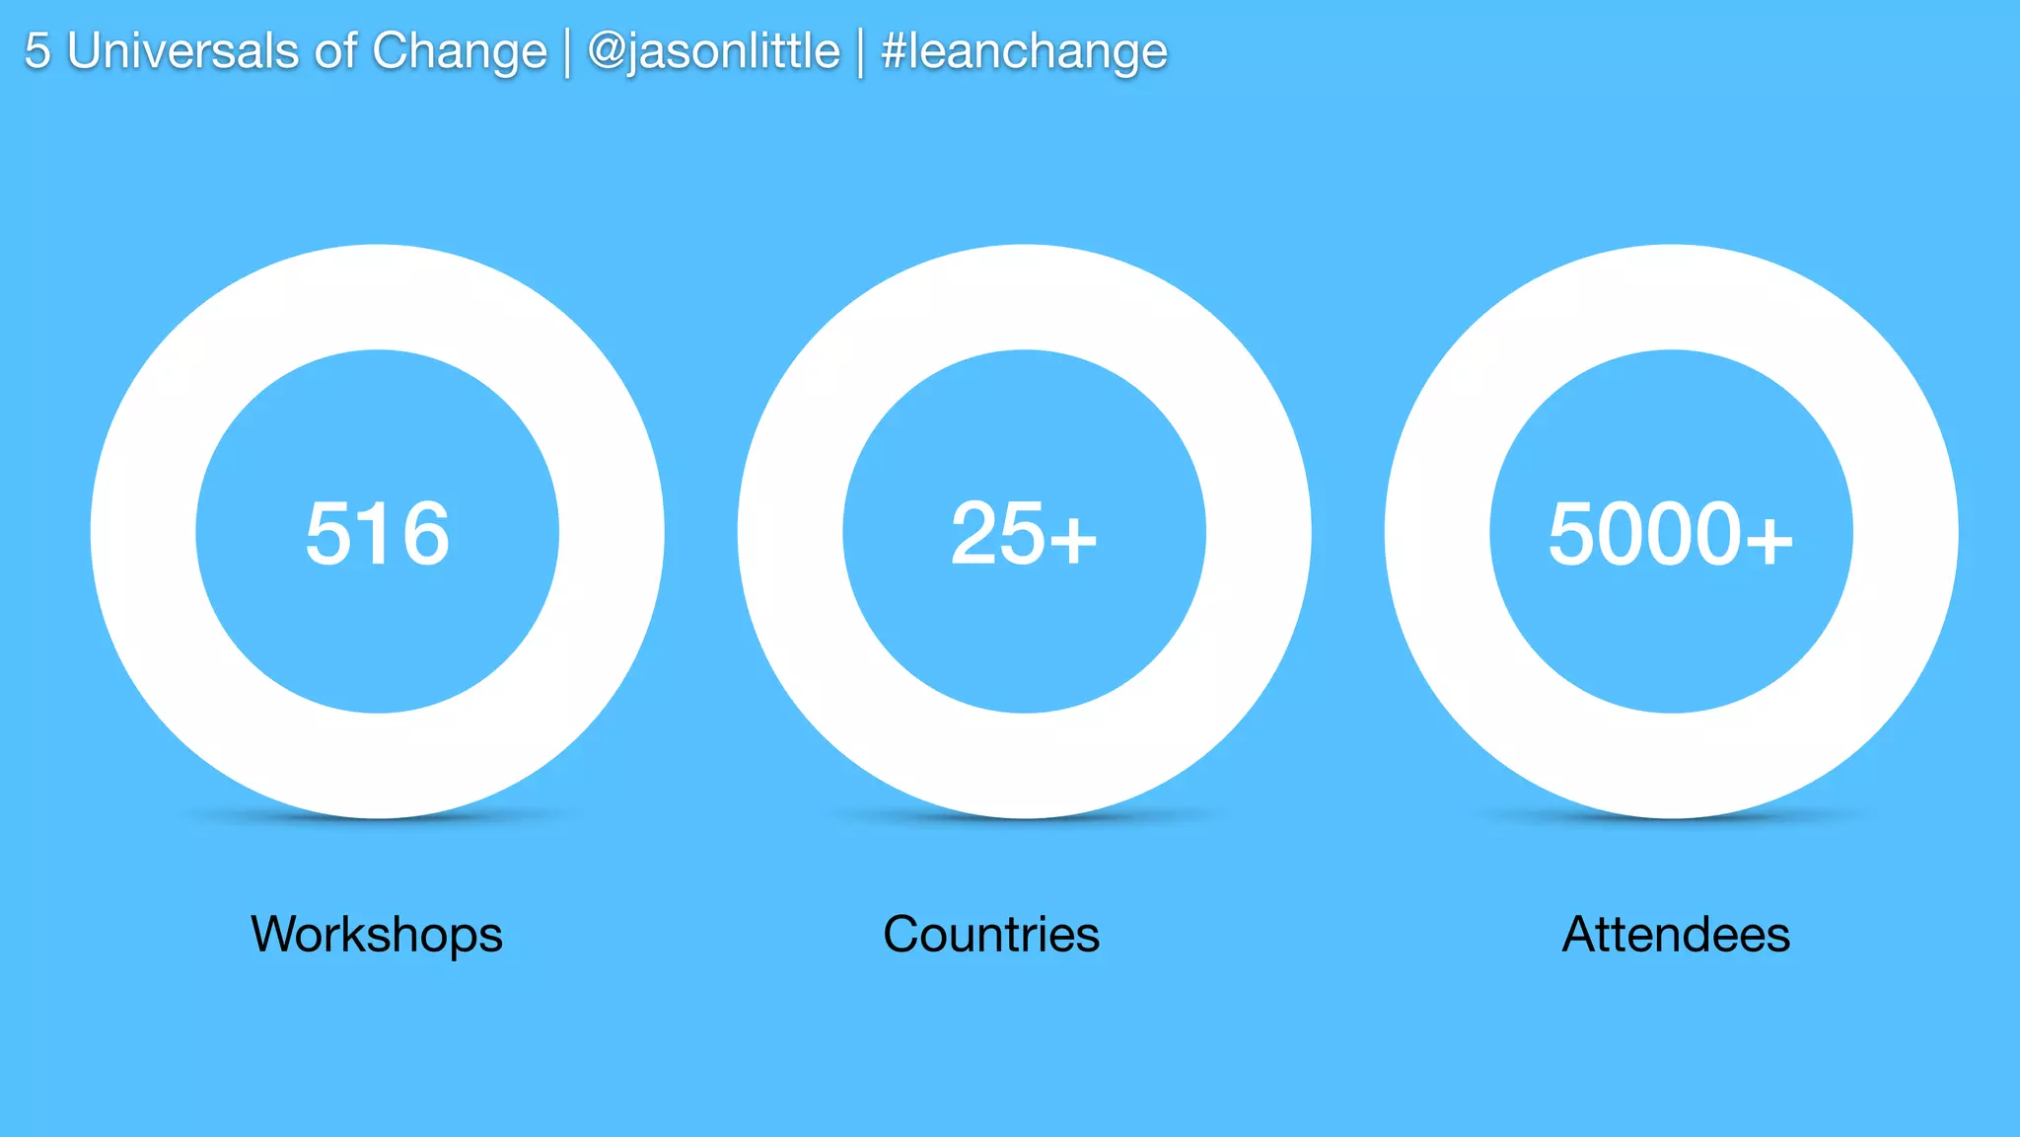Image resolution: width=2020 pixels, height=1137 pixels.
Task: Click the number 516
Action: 377,534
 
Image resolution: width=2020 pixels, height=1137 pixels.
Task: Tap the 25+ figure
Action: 1024,534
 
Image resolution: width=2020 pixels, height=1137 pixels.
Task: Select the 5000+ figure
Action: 1670,534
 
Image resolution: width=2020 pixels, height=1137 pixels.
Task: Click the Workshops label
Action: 377,935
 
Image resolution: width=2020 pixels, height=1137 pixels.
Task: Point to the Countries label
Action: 991,935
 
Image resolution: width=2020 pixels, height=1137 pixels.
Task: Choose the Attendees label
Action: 1676,935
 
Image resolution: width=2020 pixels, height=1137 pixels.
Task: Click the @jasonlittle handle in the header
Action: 713,51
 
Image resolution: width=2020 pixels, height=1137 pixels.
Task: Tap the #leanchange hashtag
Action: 1024,51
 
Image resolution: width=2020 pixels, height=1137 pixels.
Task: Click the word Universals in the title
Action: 182,51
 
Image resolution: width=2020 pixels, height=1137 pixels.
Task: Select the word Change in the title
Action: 459,51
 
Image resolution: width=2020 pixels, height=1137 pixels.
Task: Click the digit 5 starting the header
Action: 36,51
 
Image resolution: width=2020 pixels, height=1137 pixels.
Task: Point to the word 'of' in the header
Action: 335,51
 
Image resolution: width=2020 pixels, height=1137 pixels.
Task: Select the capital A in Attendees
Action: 1580,935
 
